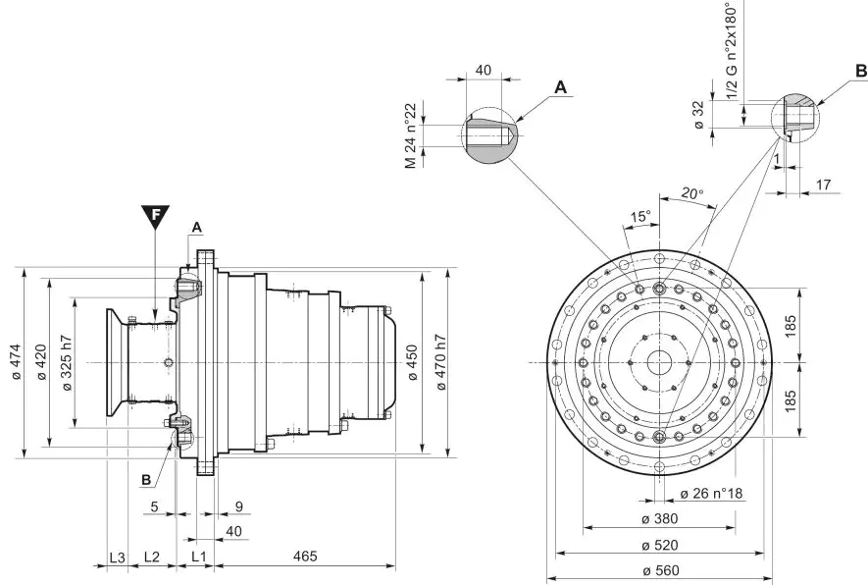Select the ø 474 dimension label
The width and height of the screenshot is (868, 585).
tap(15, 362)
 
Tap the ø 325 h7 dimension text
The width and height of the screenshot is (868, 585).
tap(67, 363)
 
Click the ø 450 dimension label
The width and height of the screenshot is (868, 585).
tap(412, 363)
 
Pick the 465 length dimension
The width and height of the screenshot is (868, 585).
tap(304, 557)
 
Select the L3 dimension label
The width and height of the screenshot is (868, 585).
tap(117, 557)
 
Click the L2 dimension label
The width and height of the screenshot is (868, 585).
tap(152, 557)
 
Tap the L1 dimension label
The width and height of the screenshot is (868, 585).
tap(198, 557)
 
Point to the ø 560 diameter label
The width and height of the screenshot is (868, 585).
tap(660, 569)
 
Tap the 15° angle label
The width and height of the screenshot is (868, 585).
tap(639, 216)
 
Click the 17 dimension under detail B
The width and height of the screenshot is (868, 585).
tap(822, 184)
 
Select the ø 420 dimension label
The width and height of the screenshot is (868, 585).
tap(41, 363)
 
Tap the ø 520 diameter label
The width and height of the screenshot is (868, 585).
tap(660, 544)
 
